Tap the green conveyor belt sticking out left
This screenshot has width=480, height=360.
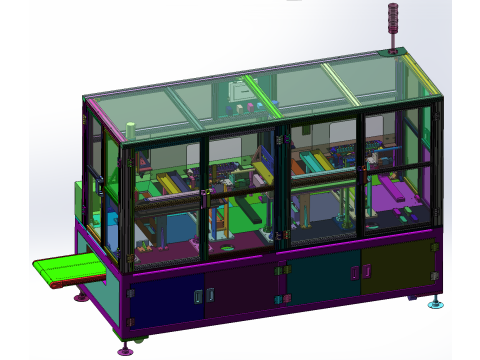70,269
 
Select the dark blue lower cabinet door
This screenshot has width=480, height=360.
165,304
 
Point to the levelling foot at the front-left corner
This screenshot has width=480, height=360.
125,348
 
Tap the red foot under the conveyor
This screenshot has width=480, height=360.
81,295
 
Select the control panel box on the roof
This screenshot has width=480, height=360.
240,91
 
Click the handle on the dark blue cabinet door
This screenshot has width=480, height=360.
197,297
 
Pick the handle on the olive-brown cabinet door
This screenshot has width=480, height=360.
366,271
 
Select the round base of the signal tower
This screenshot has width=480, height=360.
393,52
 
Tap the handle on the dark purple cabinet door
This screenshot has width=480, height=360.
210,295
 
